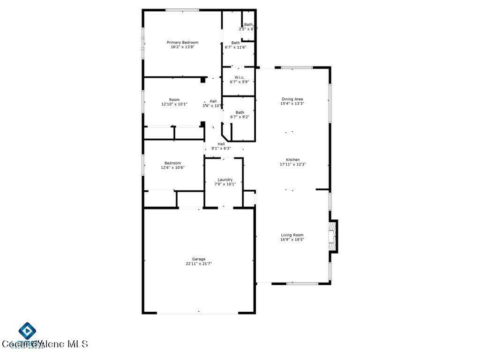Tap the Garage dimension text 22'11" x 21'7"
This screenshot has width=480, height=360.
click(x=198, y=264)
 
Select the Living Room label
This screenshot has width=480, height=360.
click(x=292, y=235)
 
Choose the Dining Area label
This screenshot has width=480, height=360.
click(x=292, y=99)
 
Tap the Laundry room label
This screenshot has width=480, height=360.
click(x=225, y=180)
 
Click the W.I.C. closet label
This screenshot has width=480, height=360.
click(x=240, y=77)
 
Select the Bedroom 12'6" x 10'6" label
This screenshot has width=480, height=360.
click(x=172, y=163)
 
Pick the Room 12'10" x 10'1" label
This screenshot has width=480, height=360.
click(x=174, y=99)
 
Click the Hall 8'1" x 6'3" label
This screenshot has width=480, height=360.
click(x=221, y=144)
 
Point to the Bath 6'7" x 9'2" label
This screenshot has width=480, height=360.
click(x=240, y=112)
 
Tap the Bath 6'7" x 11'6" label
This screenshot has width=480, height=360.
click(x=235, y=43)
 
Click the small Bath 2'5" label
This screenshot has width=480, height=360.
click(x=248, y=25)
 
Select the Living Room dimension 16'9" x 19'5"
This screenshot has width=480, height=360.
click(x=292, y=240)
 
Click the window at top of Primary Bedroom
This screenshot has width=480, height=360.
click(x=182, y=10)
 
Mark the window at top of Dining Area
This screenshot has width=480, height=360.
click(x=296, y=68)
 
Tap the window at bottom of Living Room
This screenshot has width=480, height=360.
click(x=302, y=283)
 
